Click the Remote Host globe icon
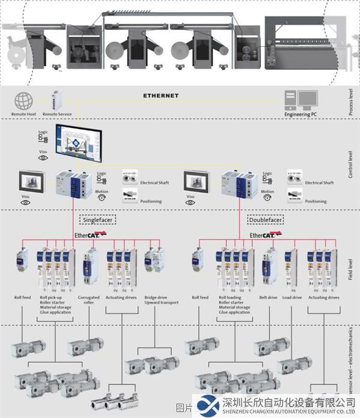23,100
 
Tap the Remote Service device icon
58,100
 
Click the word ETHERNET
161,95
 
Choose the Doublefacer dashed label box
266,220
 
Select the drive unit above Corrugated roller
91,268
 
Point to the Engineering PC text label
298,114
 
